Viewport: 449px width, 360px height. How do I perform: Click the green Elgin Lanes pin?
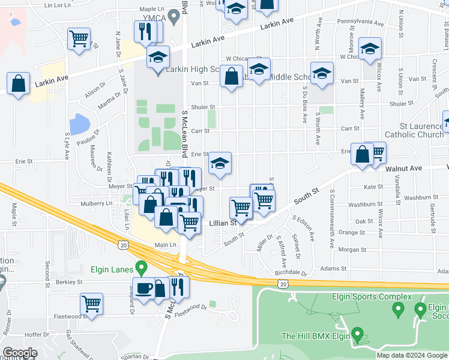pos(141,268)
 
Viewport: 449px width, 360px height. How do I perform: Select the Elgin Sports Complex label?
pos(372,296)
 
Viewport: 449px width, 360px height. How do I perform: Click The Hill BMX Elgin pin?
pos(358,334)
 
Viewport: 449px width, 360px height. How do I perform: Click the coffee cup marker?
pos(145,288)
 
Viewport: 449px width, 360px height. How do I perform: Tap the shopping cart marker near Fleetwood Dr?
pos(91,304)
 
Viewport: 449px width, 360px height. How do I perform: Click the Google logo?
pos(20,353)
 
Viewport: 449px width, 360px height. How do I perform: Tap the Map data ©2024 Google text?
pos(411,355)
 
